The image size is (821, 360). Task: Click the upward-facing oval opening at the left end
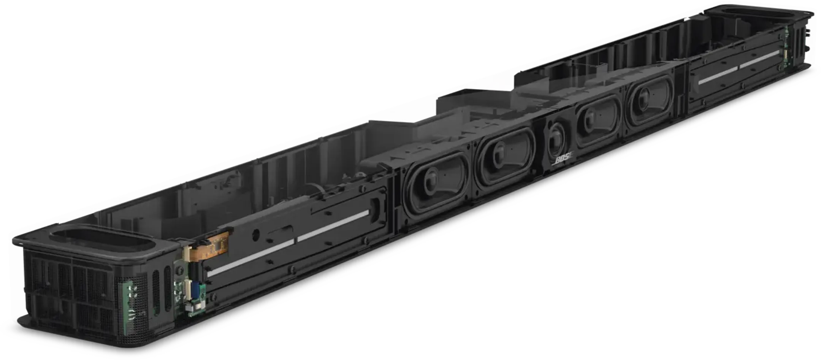(x=101, y=239)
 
